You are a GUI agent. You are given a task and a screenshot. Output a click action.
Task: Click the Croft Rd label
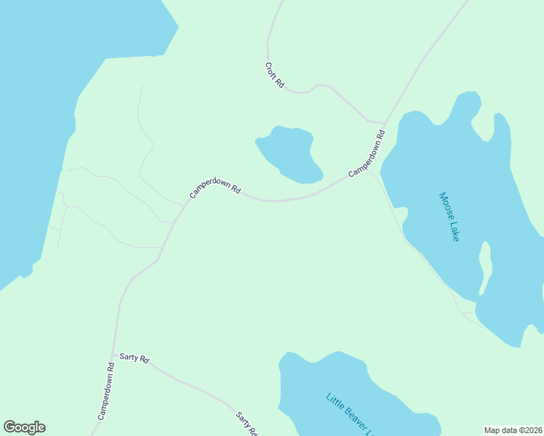[x=275, y=76]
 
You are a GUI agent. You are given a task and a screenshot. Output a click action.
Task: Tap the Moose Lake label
[x=449, y=217]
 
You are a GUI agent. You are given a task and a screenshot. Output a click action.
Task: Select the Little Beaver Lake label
[x=350, y=415]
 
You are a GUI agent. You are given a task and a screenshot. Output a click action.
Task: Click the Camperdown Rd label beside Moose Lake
[x=367, y=153]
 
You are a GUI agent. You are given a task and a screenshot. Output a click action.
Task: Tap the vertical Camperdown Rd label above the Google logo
[x=107, y=392]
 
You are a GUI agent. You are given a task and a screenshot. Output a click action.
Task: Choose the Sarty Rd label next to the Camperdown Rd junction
[x=135, y=358]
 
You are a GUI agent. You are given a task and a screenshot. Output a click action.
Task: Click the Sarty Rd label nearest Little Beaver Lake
[x=247, y=424]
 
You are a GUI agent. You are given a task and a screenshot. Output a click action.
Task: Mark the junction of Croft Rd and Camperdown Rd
[x=384, y=123]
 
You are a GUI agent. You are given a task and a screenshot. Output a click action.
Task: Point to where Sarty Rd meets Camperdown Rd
[x=113, y=355]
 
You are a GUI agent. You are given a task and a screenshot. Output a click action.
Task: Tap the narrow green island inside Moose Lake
[x=485, y=265]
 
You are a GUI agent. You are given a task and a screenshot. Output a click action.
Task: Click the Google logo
[x=24, y=427]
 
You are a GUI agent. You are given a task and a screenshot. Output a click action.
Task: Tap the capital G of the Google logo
[x=9, y=427]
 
